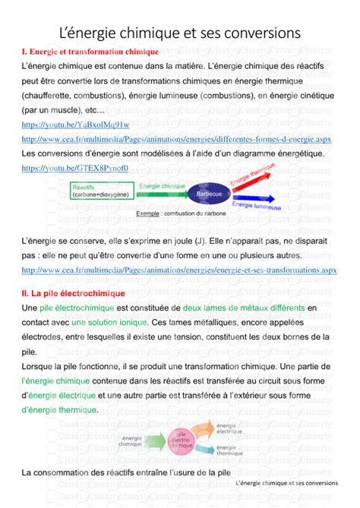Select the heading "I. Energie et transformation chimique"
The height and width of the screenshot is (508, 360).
point(90,52)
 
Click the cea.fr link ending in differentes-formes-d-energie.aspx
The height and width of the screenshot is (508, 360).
point(176,139)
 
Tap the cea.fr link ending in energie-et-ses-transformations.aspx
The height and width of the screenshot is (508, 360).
point(179,269)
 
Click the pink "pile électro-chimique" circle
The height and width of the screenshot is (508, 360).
point(182,440)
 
